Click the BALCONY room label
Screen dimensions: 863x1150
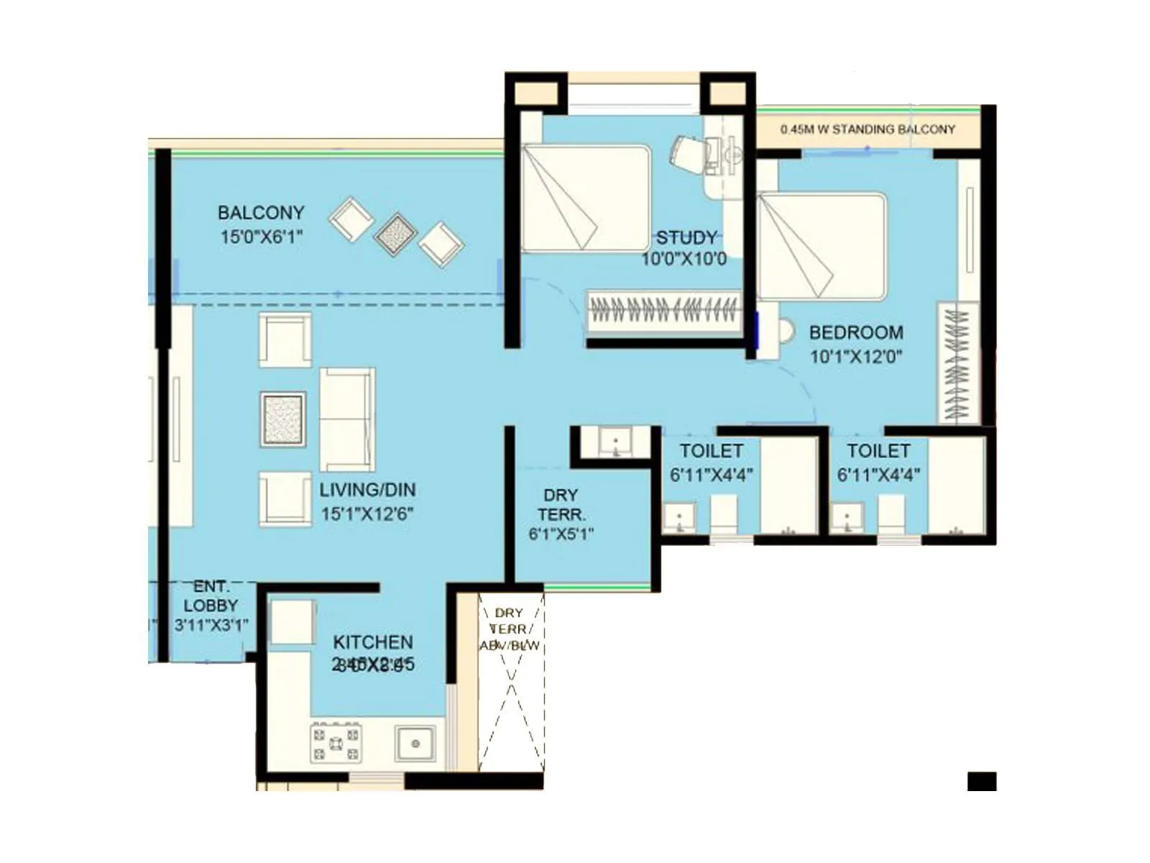[x=261, y=213]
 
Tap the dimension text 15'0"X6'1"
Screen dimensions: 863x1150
[x=261, y=237]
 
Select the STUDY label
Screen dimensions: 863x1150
[x=686, y=237]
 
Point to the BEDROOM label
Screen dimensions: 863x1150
[x=856, y=332]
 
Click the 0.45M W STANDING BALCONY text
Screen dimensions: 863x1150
[x=868, y=129]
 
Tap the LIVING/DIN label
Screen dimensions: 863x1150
[x=367, y=490]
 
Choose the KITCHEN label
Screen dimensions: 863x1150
[x=372, y=641]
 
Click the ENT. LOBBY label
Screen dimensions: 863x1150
[x=211, y=596]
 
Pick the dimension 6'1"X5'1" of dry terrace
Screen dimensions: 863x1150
[x=561, y=534]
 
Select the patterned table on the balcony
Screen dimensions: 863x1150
[x=395, y=234]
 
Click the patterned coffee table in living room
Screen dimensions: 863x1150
[x=282, y=418]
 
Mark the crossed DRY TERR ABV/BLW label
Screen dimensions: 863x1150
[x=510, y=629]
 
